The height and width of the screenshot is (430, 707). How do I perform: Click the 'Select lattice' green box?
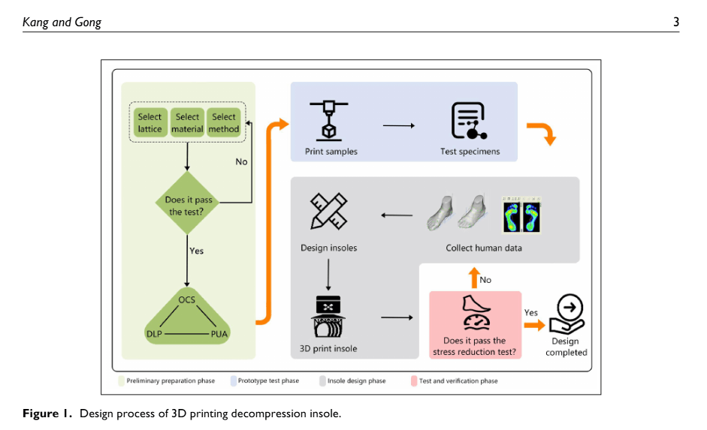150,122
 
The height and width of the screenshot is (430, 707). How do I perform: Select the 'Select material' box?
187,122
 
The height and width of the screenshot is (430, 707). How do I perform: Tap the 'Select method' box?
224,122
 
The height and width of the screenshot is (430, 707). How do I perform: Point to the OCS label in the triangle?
186,299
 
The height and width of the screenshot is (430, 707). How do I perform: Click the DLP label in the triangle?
154,332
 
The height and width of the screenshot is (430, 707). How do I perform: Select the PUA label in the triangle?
219,332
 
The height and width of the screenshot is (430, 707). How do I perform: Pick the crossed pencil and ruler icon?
328,211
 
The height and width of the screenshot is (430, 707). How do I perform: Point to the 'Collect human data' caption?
484,248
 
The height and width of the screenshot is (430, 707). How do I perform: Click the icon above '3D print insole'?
328,317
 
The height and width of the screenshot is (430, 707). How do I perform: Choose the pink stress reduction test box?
475,324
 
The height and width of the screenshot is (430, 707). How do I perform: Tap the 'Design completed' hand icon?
566,314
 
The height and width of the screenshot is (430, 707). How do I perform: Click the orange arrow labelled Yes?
533,325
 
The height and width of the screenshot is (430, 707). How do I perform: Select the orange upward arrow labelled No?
474,278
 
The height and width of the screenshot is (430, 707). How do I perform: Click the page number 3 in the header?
676,22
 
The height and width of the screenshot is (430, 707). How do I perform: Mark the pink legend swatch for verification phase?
414,380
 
